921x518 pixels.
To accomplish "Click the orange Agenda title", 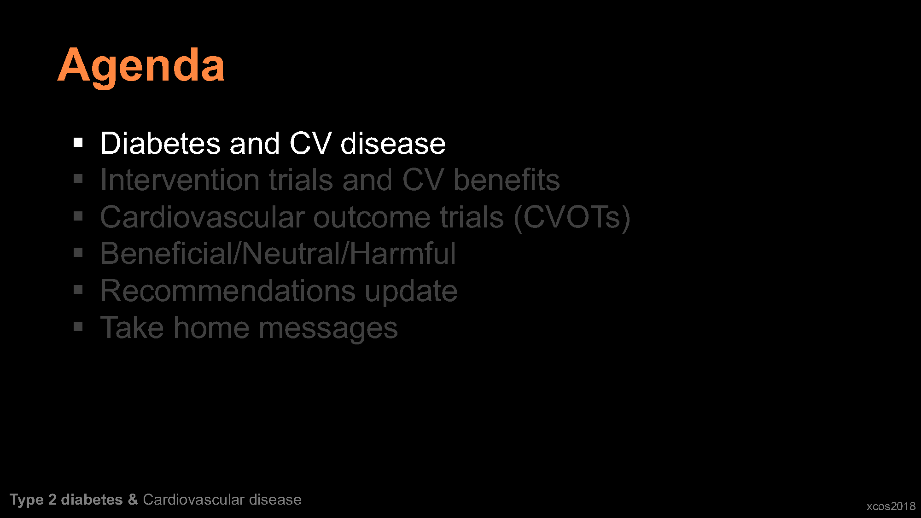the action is tap(141, 67).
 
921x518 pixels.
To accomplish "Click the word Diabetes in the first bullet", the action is tap(160, 143).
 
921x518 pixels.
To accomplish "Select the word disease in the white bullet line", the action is tap(393, 143).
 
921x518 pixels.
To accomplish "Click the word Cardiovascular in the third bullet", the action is tap(203, 217).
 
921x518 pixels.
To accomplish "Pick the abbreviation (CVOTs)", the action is tap(572, 218).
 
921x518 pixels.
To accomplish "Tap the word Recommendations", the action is tap(228, 291).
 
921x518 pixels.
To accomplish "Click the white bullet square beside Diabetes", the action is tap(78, 143).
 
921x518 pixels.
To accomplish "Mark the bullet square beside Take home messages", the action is tap(78, 327).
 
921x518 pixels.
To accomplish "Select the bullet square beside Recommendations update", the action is tap(78, 290).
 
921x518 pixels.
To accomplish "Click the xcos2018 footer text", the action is tap(891, 506).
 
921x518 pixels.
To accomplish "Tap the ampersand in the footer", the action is tap(133, 500).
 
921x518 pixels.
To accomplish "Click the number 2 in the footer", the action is tap(52, 500).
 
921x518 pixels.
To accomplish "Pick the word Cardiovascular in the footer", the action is tap(194, 500).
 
